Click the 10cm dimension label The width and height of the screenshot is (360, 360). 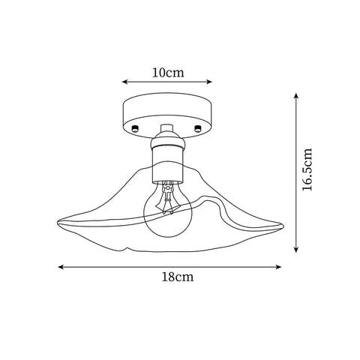(167, 73)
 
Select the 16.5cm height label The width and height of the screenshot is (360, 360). (308, 170)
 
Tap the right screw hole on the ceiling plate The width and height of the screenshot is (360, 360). (198, 129)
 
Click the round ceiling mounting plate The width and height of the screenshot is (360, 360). (166, 116)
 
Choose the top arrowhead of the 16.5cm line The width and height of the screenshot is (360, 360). (298, 97)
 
